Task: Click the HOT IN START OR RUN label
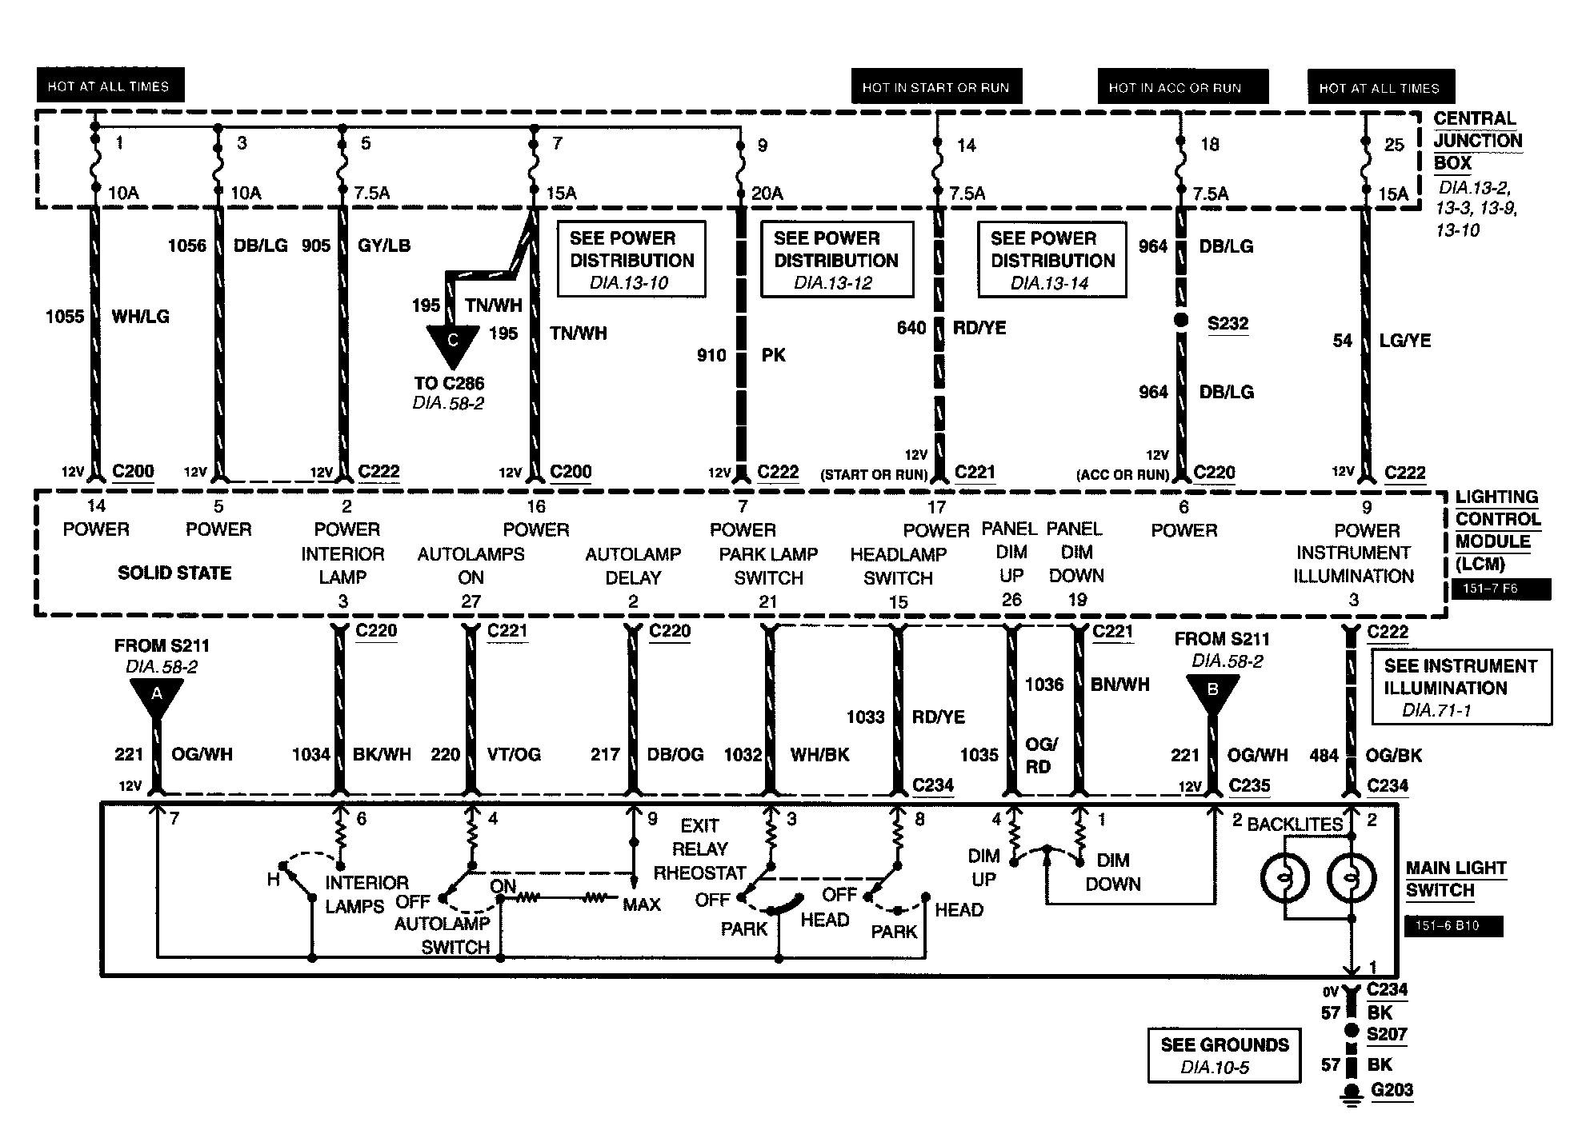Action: click(x=935, y=87)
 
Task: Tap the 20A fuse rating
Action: click(x=767, y=193)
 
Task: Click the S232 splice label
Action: click(x=1228, y=323)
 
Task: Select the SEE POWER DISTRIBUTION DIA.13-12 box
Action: click(x=836, y=260)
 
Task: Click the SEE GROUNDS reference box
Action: click(x=1224, y=1056)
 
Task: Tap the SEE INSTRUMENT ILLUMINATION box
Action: click(x=1461, y=688)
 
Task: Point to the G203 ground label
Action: click(x=1392, y=1090)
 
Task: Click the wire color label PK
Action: click(x=773, y=355)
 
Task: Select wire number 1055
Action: click(x=65, y=317)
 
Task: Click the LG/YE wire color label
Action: click(x=1405, y=341)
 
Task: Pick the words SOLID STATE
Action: click(x=174, y=573)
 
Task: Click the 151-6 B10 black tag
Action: click(x=1453, y=926)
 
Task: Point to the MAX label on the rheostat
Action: click(x=642, y=905)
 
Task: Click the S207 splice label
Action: click(x=1387, y=1034)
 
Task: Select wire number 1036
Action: click(x=1044, y=685)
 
